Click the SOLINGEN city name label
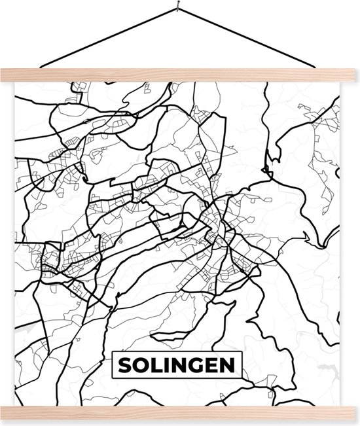coord(177,365)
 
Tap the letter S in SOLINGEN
coord(125,365)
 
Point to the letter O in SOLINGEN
coord(139,365)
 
